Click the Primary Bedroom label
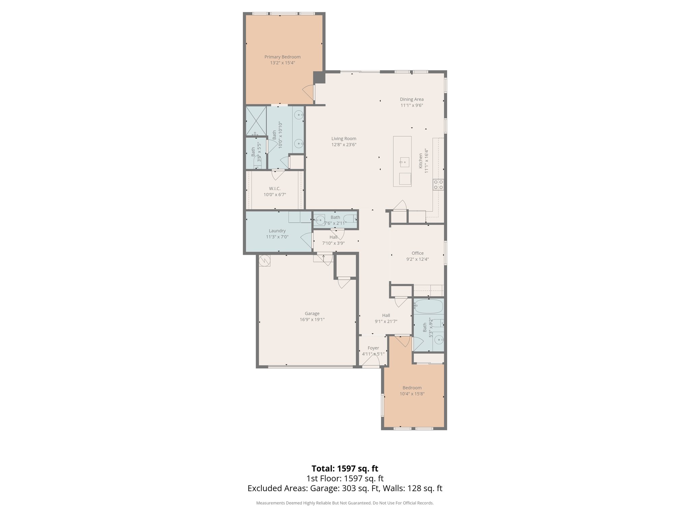click(282, 57)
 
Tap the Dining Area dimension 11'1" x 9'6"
click(412, 105)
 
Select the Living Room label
click(344, 138)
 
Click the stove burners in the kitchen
click(438, 184)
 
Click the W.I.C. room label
click(275, 188)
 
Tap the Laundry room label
click(277, 231)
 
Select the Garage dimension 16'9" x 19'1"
click(312, 319)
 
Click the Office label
click(417, 253)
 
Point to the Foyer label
click(373, 348)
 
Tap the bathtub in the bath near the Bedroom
click(428, 307)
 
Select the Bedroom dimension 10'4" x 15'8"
click(412, 394)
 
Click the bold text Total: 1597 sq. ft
click(345, 469)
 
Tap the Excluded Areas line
click(345, 488)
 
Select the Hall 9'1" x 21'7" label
click(386, 318)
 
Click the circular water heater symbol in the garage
click(265, 261)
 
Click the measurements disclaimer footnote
click(345, 503)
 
